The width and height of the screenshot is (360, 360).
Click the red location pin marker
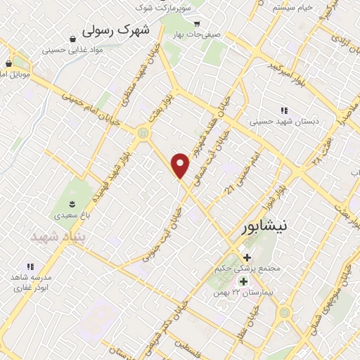tap(181, 165)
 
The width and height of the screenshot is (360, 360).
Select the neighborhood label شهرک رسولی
tap(117, 31)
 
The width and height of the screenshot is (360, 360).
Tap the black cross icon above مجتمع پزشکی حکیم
tap(247, 257)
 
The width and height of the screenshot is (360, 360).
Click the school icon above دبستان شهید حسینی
tap(284, 110)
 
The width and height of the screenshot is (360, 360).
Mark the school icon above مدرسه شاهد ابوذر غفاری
tap(30, 266)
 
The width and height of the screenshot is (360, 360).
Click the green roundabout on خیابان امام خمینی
tap(144, 131)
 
